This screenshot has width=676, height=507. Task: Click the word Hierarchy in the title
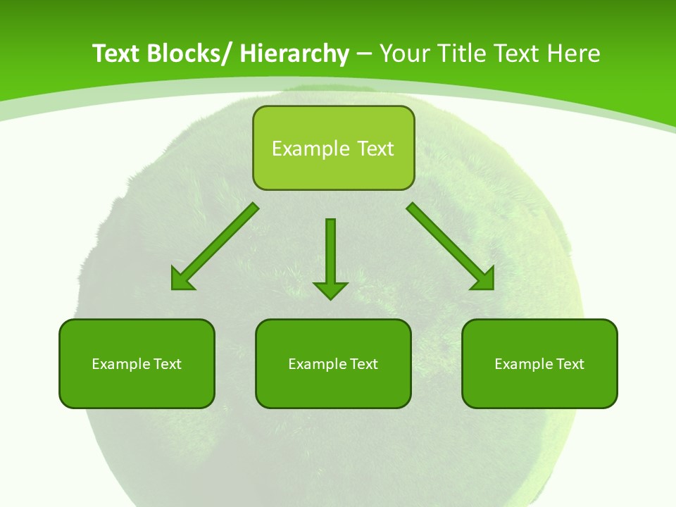coord(294,54)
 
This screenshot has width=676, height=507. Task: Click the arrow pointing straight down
coord(330,254)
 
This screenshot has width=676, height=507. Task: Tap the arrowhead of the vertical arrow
coord(330,289)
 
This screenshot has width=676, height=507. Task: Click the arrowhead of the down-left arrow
coord(182,279)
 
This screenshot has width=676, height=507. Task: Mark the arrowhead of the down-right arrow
coord(483,279)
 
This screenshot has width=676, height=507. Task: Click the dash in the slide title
coord(364,54)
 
